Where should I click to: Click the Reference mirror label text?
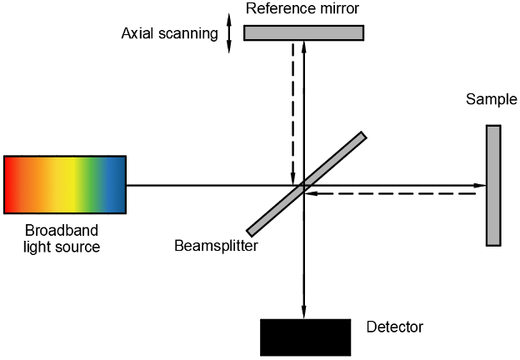pos(302,8)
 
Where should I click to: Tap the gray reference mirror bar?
pos(303,32)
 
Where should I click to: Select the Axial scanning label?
pos(169,34)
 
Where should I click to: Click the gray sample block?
pos(493,185)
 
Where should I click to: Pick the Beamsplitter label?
pos(216,246)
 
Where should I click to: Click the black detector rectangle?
pos(305,337)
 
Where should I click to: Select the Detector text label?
pos(394,327)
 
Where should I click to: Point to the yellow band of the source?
pos(67,185)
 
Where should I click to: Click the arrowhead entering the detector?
pos(303,313)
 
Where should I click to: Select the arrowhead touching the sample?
pos(481,185)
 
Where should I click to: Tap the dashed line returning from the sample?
pos(392,194)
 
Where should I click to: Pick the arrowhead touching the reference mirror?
pos(303,46)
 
